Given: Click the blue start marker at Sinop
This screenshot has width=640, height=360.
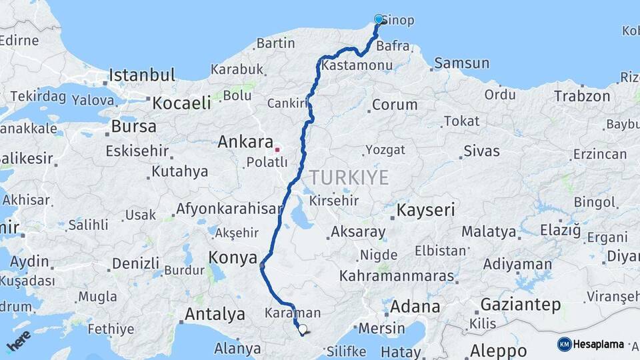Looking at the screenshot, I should tap(379, 19).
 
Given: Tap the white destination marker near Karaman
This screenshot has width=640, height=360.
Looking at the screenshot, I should tap(303, 329).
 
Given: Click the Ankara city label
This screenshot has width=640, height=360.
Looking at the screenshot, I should tap(245, 142).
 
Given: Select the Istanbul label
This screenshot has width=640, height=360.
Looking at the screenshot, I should tap(142, 75).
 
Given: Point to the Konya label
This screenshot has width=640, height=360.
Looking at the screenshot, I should tap(233, 257).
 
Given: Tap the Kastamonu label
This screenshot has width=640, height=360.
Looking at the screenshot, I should tap(356, 66).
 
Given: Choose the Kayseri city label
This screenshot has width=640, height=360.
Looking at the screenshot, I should tap(426, 211).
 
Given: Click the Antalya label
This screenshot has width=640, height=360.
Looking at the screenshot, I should tap(215, 314).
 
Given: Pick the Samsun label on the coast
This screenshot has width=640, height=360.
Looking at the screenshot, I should tap(461, 64).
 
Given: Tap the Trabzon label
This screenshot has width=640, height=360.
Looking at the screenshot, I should tap(581, 96).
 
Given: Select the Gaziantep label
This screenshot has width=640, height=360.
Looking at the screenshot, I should tap(520, 305).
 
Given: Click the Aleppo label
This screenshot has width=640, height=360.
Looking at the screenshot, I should tap(499, 351).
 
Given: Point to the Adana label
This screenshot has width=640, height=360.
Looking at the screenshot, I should tap(415, 307).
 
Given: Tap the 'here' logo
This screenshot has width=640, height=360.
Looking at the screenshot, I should tap(18, 340).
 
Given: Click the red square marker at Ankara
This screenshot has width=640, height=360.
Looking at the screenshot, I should tap(277, 149).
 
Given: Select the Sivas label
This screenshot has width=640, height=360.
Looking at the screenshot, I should tap(481, 151).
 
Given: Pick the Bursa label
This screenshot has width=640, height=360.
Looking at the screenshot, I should tap(133, 126).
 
